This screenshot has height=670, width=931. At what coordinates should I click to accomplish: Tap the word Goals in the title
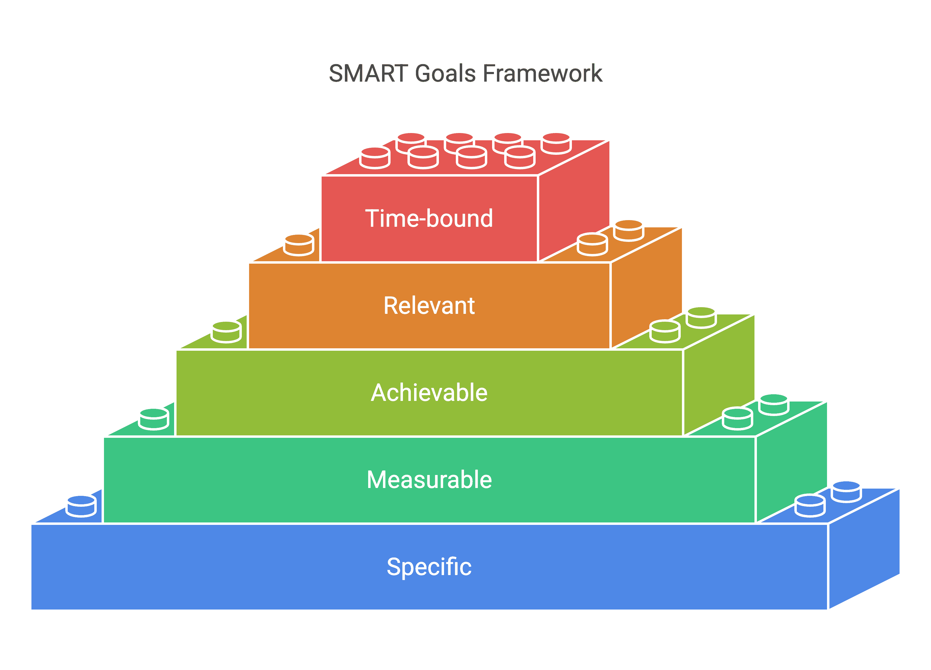point(445,73)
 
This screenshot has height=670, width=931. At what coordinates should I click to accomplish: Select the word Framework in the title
point(543,73)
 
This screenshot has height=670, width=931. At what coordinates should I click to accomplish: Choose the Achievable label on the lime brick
point(429,392)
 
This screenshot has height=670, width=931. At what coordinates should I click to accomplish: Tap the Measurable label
point(429,480)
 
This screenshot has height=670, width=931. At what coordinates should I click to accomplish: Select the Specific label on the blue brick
point(429,567)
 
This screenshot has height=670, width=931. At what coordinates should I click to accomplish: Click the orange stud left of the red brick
point(299,245)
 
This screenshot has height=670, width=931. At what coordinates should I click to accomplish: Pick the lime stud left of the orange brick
point(226,332)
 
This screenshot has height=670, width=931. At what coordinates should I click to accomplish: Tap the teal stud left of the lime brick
point(154,419)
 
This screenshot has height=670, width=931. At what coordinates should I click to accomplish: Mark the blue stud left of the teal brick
point(81,506)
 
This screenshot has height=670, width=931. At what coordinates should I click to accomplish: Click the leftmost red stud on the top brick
point(375,158)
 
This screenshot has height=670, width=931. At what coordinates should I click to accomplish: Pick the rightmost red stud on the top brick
point(556,143)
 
